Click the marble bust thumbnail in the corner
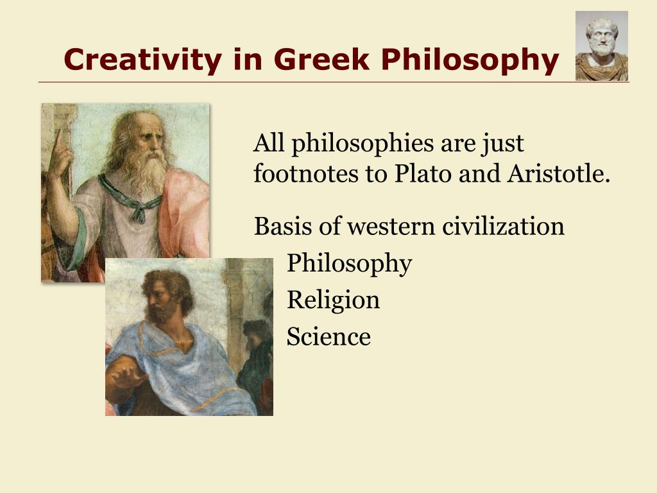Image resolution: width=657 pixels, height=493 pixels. (x=601, y=46)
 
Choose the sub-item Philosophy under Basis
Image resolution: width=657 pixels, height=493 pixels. (x=349, y=264)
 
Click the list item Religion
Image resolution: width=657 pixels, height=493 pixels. (x=333, y=300)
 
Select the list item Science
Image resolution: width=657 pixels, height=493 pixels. (x=328, y=336)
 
